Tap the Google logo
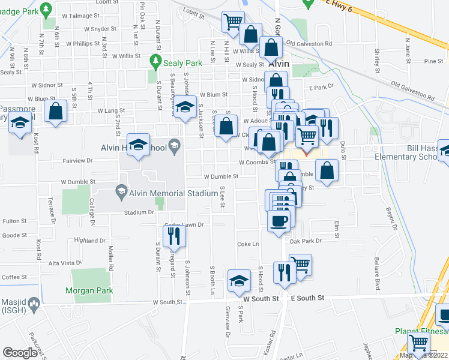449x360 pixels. point(20,353)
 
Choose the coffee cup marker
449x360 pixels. point(279,221)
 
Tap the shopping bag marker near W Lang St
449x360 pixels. point(56,111)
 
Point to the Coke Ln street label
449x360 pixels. point(248,244)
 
